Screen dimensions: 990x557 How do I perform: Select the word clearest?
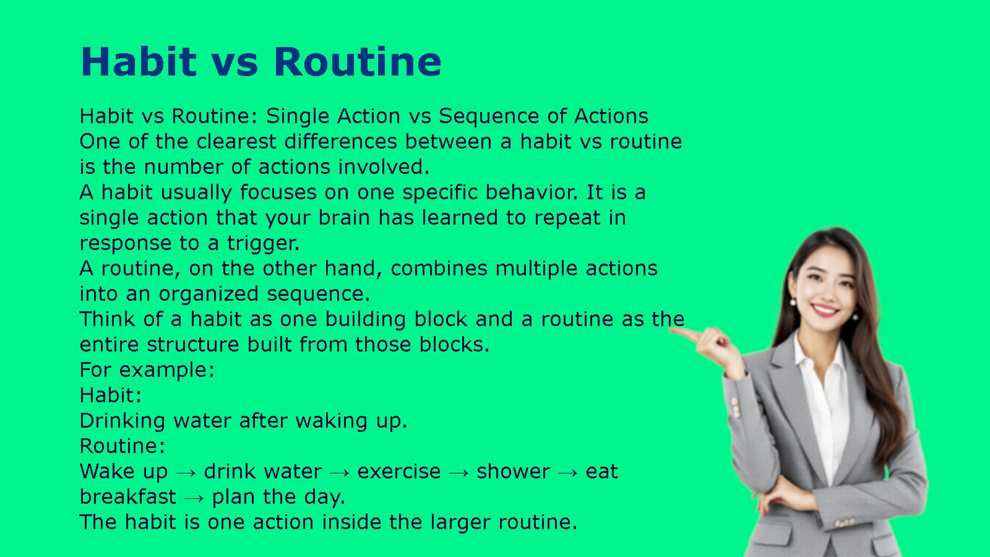236,142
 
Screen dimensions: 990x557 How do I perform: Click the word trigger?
263,244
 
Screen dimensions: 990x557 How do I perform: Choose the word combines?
439,269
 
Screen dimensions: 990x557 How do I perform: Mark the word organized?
209,295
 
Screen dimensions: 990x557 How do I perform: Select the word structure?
193,344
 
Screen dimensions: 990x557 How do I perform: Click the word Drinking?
123,421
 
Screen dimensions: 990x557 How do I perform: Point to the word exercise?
399,472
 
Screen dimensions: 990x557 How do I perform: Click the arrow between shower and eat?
568,473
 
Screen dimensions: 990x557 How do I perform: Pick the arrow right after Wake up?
186,473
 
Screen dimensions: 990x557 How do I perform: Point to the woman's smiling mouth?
825,309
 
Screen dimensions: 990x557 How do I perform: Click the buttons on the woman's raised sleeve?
736,407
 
